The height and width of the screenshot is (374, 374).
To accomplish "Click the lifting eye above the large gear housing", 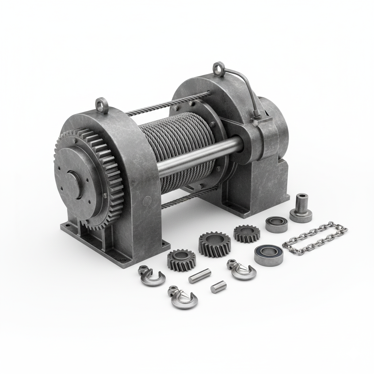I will tap(101, 104).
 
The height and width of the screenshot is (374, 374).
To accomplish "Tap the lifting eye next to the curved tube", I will tap(218, 68).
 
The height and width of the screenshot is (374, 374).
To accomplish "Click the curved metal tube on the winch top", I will tap(243, 88).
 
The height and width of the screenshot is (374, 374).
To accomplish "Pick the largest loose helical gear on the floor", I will tap(214, 244).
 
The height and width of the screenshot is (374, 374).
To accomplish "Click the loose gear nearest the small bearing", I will tap(247, 233).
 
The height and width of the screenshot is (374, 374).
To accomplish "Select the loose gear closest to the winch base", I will tap(182, 260).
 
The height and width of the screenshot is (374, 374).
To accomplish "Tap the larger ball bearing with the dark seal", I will tap(269, 255).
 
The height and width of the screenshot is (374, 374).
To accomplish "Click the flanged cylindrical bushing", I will tap(301, 209).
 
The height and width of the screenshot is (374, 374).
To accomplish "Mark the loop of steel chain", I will tap(315, 238).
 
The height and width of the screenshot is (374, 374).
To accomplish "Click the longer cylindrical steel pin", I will tap(200, 276).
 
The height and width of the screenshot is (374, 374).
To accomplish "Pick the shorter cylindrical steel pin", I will tap(218, 287).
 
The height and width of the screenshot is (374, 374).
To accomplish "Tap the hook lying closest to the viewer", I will tap(183, 297).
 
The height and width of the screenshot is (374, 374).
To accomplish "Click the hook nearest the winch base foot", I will tap(150, 276).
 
